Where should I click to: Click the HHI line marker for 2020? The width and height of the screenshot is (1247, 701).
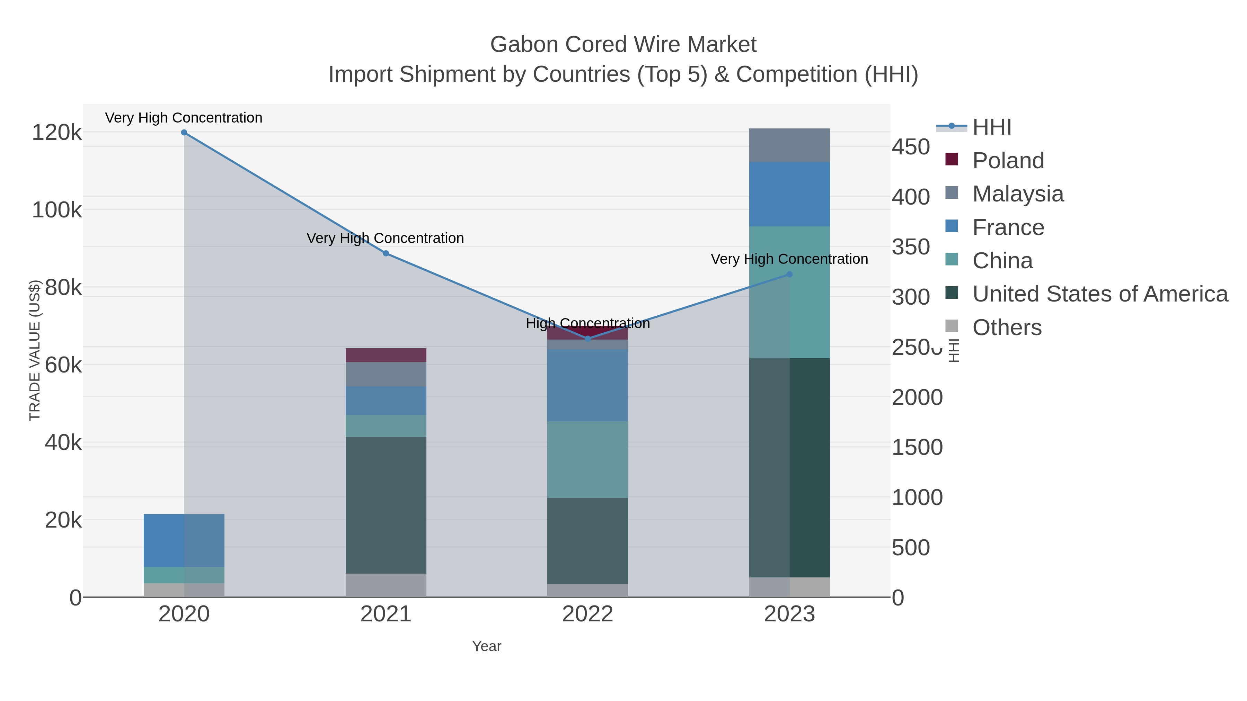pyautogui.click(x=184, y=133)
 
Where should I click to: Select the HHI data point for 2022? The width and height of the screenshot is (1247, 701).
pyautogui.click(x=588, y=339)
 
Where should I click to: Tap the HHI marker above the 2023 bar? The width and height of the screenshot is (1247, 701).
pyautogui.click(x=789, y=274)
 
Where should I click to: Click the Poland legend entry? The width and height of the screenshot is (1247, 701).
pyautogui.click(x=1008, y=161)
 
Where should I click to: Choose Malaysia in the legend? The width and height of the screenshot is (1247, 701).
pyautogui.click(x=1018, y=194)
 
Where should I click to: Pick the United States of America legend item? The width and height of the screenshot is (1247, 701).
pyautogui.click(x=1099, y=294)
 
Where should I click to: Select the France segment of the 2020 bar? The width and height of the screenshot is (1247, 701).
pyautogui.click(x=184, y=540)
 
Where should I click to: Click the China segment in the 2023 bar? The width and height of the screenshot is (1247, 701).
pyautogui.click(x=789, y=292)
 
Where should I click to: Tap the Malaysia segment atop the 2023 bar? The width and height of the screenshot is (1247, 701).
pyautogui.click(x=789, y=145)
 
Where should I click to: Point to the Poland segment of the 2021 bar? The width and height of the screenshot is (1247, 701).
pyautogui.click(x=386, y=355)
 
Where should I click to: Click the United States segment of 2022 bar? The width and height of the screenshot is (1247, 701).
pyautogui.click(x=588, y=541)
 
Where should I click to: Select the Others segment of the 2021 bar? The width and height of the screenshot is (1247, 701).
pyautogui.click(x=386, y=585)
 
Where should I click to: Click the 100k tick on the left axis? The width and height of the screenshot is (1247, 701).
pyautogui.click(x=57, y=210)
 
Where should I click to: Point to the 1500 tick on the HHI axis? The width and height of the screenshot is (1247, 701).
pyautogui.click(x=917, y=448)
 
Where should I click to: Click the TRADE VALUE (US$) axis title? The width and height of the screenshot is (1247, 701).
pyautogui.click(x=35, y=350)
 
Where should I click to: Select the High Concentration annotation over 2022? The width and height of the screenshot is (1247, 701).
pyautogui.click(x=588, y=323)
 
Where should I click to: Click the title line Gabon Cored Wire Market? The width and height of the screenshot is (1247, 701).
pyautogui.click(x=623, y=45)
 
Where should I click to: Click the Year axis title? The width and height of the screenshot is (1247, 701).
pyautogui.click(x=487, y=646)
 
